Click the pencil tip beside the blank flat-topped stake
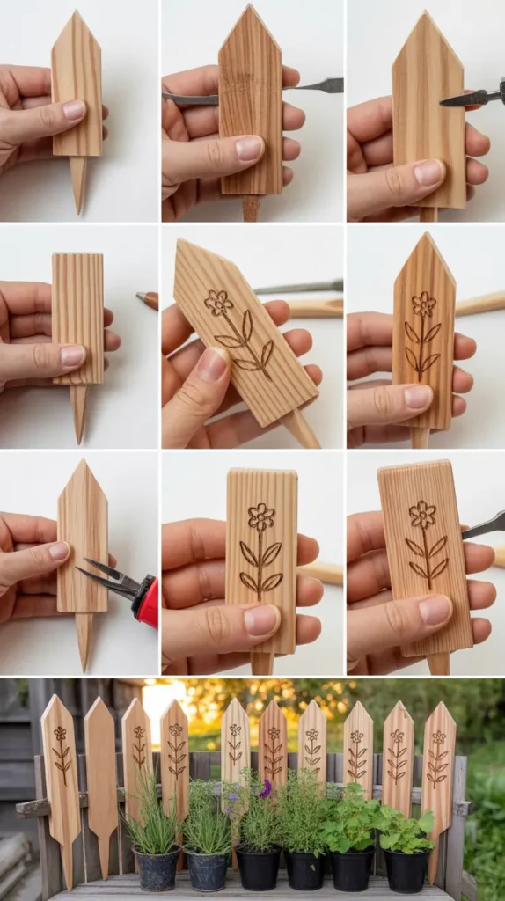tap(142, 297)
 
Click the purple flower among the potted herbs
tap(265, 789)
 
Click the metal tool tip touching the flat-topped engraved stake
tap(470, 531)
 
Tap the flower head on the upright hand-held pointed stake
tap(424, 304)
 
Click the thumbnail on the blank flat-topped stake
tap(73, 355)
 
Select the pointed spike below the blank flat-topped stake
tap(79, 412)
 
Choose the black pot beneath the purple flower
tap(259, 868)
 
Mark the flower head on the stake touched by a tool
tap(422, 514)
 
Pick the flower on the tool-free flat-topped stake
tap(260, 516)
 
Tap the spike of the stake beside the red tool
tap(84, 642)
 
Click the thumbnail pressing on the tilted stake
tap(212, 364)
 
